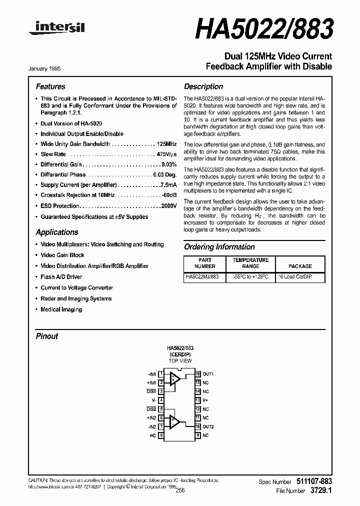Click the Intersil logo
(56, 30)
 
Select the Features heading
(50, 86)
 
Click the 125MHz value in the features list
(166, 144)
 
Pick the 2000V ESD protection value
(168, 206)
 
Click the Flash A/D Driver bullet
(61, 277)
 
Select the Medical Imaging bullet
(61, 309)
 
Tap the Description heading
(203, 86)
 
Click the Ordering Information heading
(219, 247)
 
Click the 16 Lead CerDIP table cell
(294, 277)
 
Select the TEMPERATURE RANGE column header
(250, 263)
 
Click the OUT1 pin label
(208, 374)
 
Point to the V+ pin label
(205, 400)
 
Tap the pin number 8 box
(161, 435)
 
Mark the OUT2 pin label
(208, 426)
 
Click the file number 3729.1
(320, 491)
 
